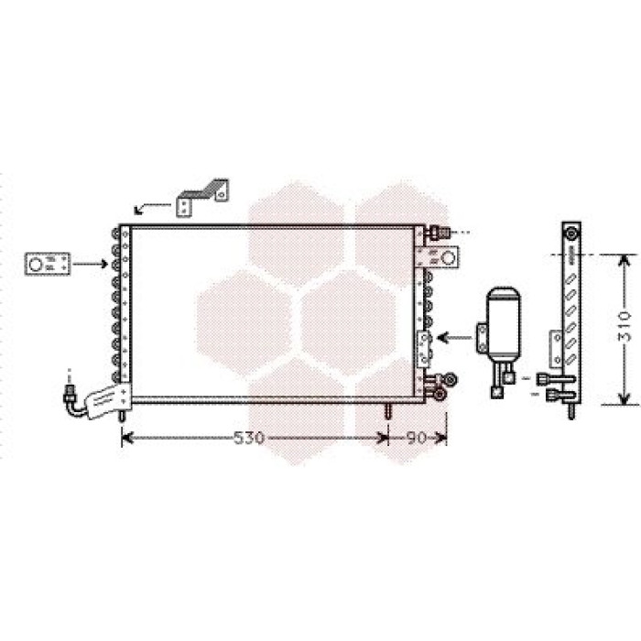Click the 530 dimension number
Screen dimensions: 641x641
[249, 438]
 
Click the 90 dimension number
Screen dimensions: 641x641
[416, 438]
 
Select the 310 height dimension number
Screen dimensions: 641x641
[625, 326]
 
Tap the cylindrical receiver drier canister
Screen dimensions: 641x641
[504, 320]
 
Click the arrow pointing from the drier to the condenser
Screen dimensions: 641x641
[455, 338]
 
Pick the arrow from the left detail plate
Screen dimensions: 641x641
[91, 264]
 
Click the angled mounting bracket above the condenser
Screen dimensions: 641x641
[202, 197]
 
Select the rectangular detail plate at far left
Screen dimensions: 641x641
[48, 264]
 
